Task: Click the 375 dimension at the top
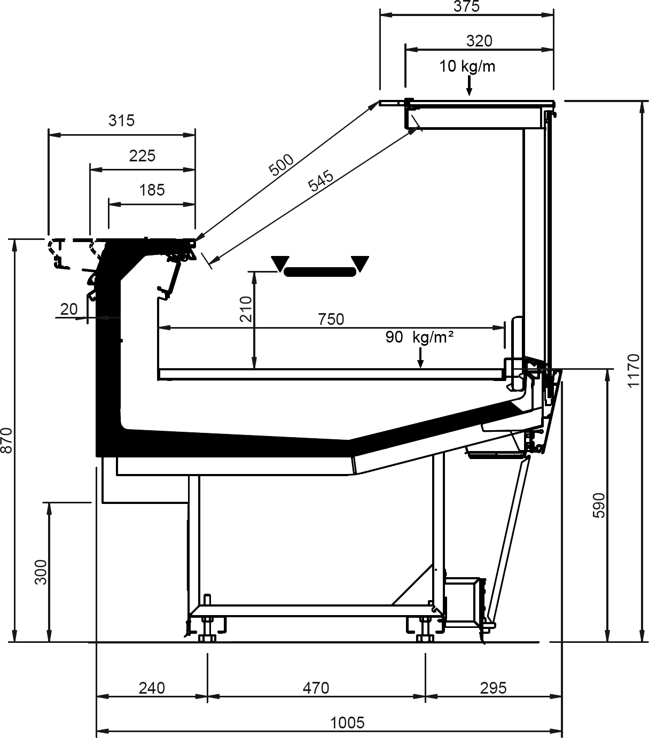pyautogui.click(x=466, y=6)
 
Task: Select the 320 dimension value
pyautogui.click(x=479, y=41)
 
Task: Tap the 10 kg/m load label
pyautogui.click(x=467, y=67)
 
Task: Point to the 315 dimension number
pyautogui.click(x=122, y=121)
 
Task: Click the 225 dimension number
pyautogui.click(x=143, y=156)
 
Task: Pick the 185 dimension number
pyautogui.click(x=152, y=190)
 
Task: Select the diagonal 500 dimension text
pyautogui.click(x=281, y=165)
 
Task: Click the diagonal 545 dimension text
pyautogui.click(x=321, y=181)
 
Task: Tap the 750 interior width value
pyautogui.click(x=331, y=320)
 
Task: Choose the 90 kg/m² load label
pyautogui.click(x=419, y=337)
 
